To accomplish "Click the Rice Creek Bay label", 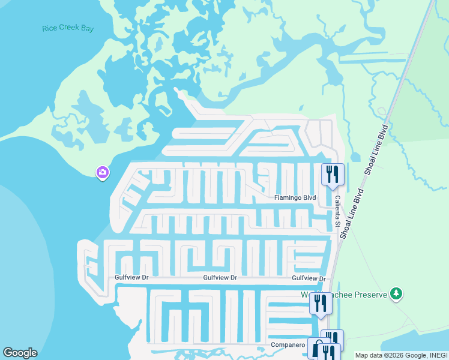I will tap(68, 28).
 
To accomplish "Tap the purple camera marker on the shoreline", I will tap(103, 173).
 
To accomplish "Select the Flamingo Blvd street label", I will tap(295, 197).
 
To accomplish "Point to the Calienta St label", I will tap(338, 212).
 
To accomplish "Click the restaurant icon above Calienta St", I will tap(333, 175).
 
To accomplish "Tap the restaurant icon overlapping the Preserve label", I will tap(321, 304).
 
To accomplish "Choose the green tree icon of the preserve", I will tap(396, 294).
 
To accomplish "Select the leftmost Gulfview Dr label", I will tap(131, 278).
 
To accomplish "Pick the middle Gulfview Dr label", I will tap(220, 278).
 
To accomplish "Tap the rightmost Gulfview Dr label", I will tap(309, 278).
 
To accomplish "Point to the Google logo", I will tap(20, 353).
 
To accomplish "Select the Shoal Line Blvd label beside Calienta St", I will tap(352, 214).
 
